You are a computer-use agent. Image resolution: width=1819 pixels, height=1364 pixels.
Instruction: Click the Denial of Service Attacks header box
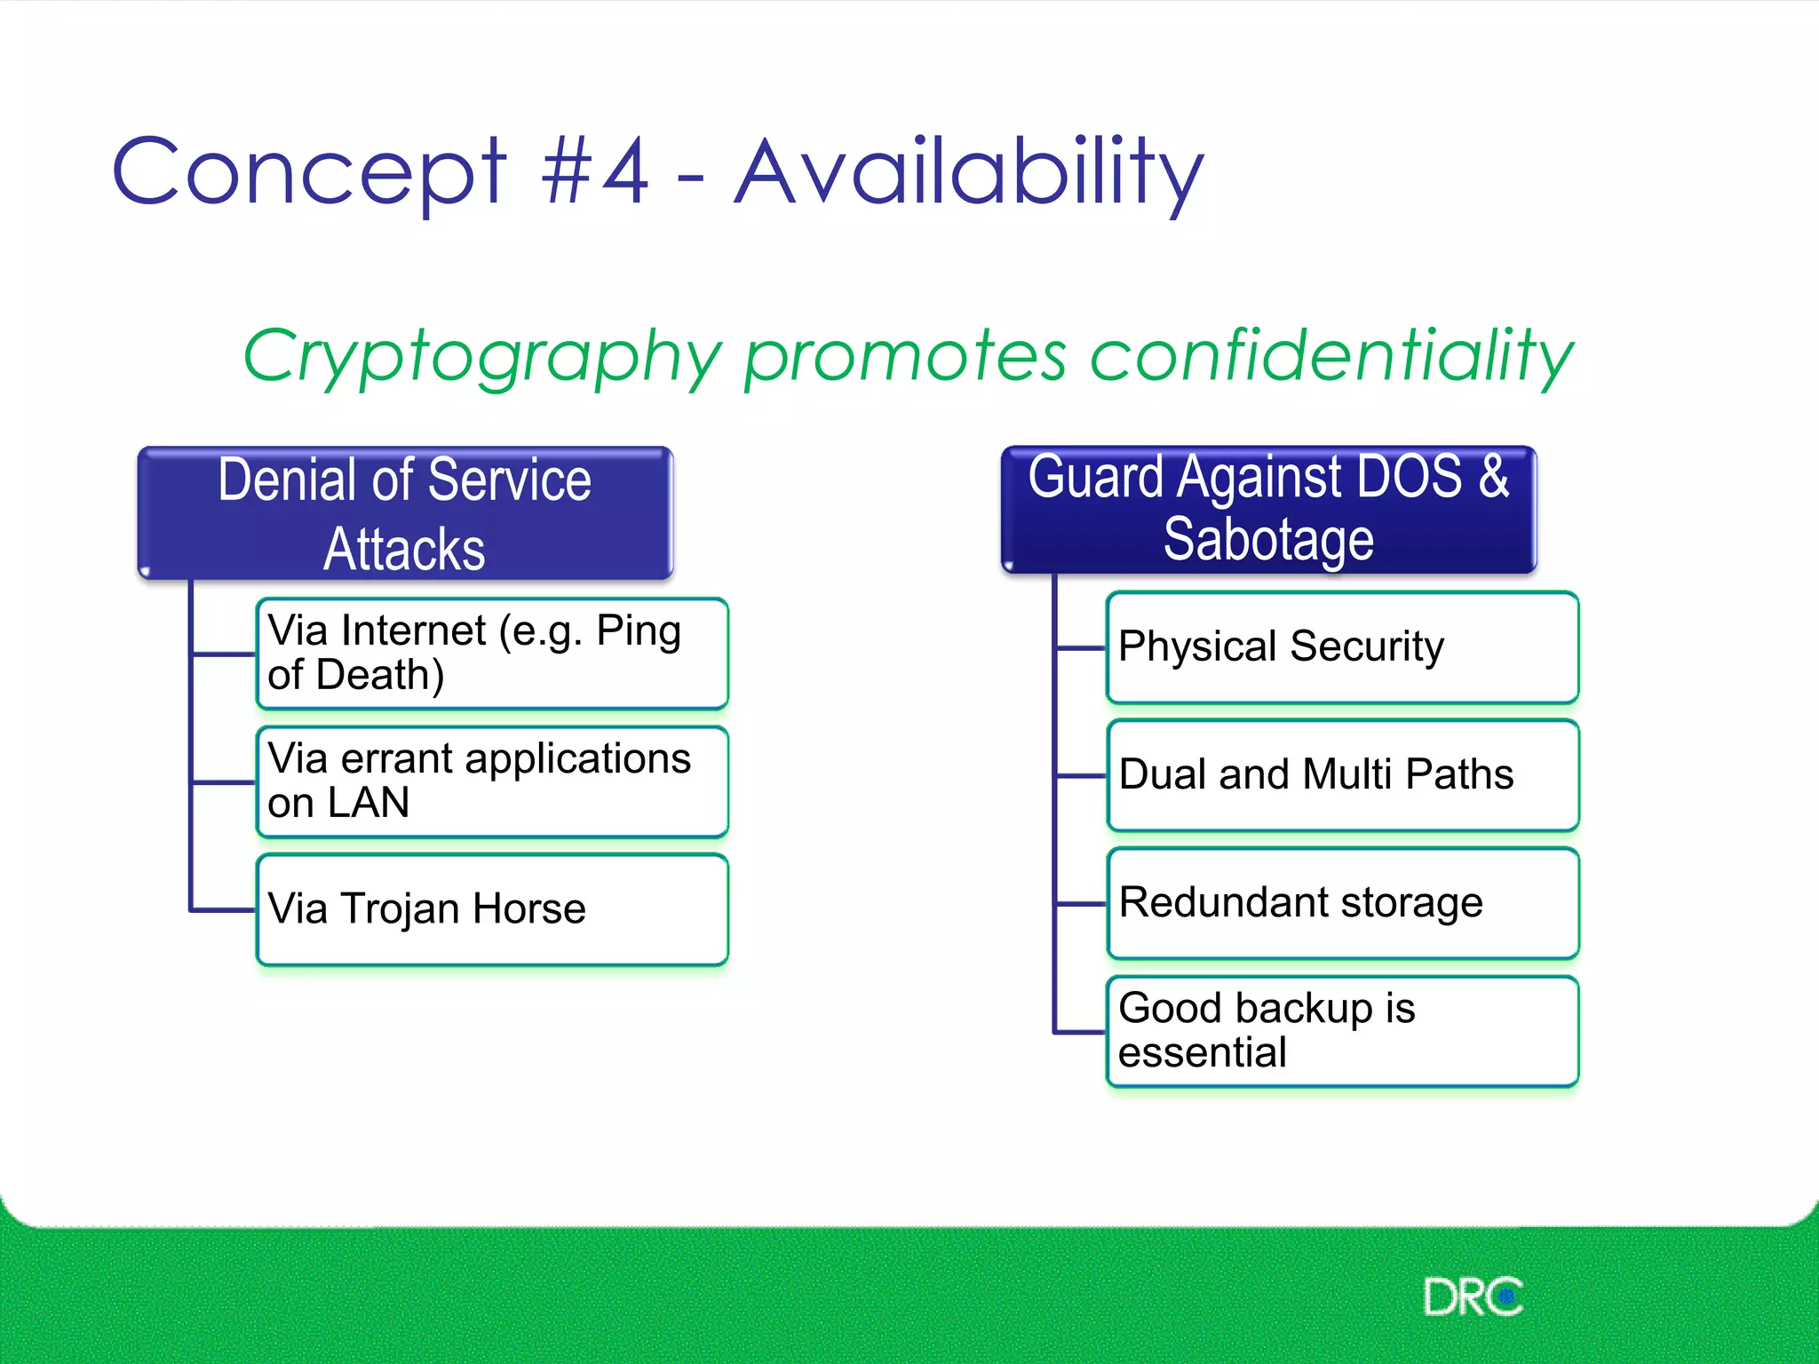(405, 513)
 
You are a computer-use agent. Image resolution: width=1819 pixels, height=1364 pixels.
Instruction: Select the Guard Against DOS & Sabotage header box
(1268, 509)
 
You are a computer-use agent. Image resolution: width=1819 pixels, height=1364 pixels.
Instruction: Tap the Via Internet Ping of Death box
(492, 654)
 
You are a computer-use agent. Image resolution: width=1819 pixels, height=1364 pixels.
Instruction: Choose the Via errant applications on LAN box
(492, 781)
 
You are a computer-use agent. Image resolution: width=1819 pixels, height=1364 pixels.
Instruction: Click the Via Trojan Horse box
(492, 909)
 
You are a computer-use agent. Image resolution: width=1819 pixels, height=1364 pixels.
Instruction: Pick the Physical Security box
(1342, 647)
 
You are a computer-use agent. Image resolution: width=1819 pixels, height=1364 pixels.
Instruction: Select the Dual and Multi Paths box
(1342, 775)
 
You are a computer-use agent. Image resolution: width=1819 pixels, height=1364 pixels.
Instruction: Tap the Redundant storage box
(1342, 903)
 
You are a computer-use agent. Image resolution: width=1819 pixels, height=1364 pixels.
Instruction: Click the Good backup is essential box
(1342, 1031)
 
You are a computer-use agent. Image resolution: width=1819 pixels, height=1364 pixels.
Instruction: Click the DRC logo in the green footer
(1473, 1297)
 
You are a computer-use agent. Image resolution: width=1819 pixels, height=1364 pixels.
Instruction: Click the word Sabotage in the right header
(1268, 540)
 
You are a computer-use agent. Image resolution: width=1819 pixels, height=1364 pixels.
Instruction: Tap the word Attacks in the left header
(405, 549)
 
